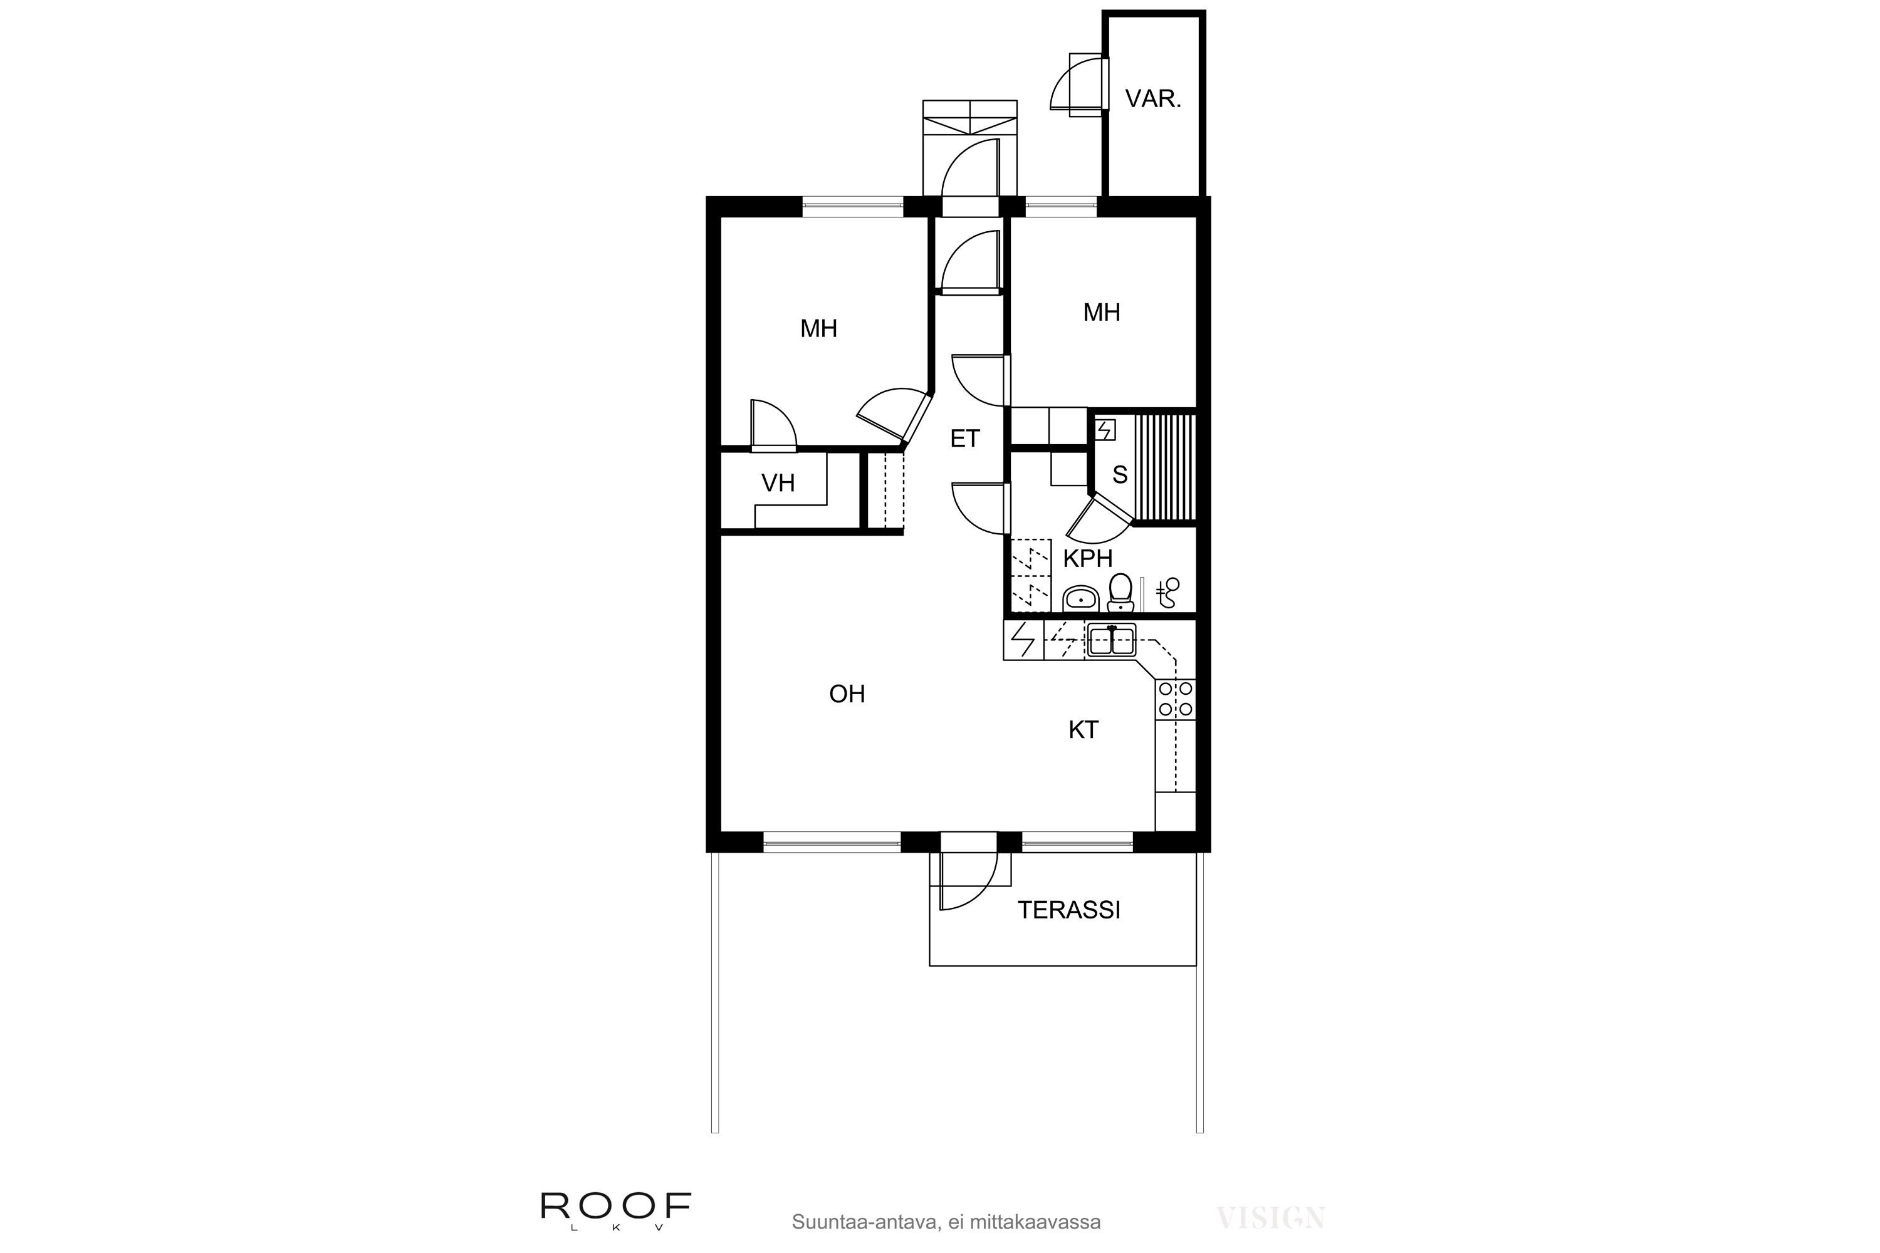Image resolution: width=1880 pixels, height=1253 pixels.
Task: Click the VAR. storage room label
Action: [x=1152, y=99]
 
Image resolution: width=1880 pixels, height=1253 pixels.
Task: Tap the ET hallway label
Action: [x=965, y=439]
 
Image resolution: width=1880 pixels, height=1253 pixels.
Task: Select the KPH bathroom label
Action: [x=1087, y=559]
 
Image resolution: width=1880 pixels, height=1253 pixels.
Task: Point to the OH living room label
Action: [x=847, y=694]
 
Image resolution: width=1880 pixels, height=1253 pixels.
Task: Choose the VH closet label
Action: [x=778, y=484]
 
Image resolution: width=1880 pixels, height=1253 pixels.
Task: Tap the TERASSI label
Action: [x=1068, y=910]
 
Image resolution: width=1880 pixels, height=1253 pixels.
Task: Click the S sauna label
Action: [x=1120, y=476]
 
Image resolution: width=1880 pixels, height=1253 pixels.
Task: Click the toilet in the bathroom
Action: [x=1120, y=592]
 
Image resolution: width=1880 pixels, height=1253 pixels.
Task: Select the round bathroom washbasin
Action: [x=1082, y=597]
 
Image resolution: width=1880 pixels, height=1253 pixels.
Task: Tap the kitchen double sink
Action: [x=1111, y=640]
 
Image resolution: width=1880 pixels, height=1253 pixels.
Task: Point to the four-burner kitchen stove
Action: [x=1176, y=699]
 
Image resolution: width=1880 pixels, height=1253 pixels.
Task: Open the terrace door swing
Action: [x=969, y=881]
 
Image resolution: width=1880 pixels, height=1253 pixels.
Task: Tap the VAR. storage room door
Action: [x=1079, y=84]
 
